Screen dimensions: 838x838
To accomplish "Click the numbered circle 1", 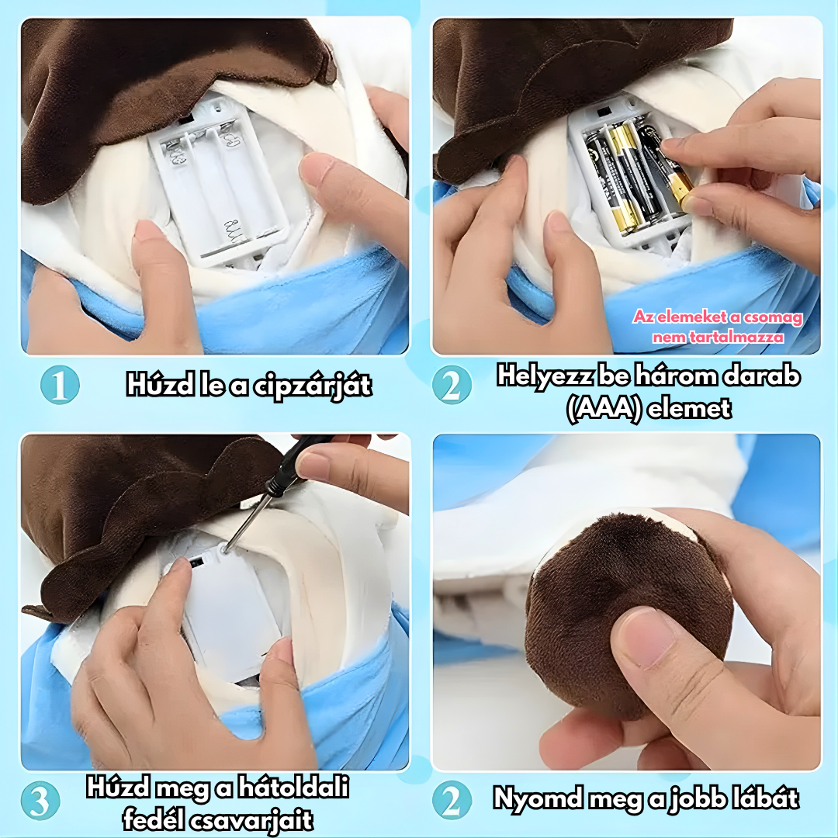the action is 60,385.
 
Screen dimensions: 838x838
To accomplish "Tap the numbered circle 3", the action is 40,801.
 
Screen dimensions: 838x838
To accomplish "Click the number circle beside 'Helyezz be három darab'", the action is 452,385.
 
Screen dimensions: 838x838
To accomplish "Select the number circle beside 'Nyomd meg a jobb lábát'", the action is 452,800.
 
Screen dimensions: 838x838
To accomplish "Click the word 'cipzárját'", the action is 313,386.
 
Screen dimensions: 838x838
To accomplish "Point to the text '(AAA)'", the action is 604,410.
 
